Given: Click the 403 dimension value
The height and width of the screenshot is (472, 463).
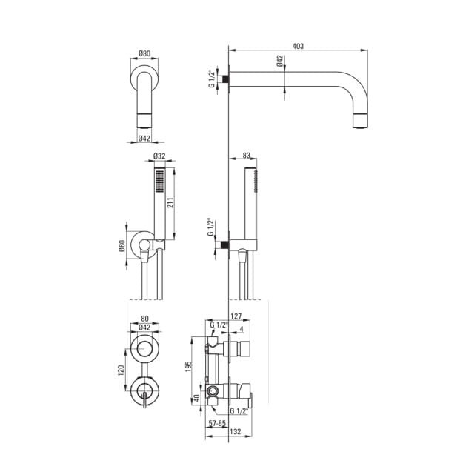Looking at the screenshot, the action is point(298,46).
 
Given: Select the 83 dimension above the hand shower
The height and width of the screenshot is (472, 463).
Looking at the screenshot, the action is point(246,156).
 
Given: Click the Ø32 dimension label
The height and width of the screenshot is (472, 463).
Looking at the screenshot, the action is point(159,156).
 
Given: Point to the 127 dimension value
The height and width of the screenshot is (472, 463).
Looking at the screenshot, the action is point(236,316).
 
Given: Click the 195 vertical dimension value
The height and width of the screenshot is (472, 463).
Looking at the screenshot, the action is point(189,366).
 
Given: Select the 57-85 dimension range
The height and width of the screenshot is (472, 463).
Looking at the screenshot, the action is point(217,423).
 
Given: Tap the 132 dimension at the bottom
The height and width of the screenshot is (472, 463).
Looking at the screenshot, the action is point(236,431).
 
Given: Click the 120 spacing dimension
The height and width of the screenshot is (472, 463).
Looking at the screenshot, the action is point(121,370).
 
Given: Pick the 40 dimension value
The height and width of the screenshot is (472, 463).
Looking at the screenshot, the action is point(196,398).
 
